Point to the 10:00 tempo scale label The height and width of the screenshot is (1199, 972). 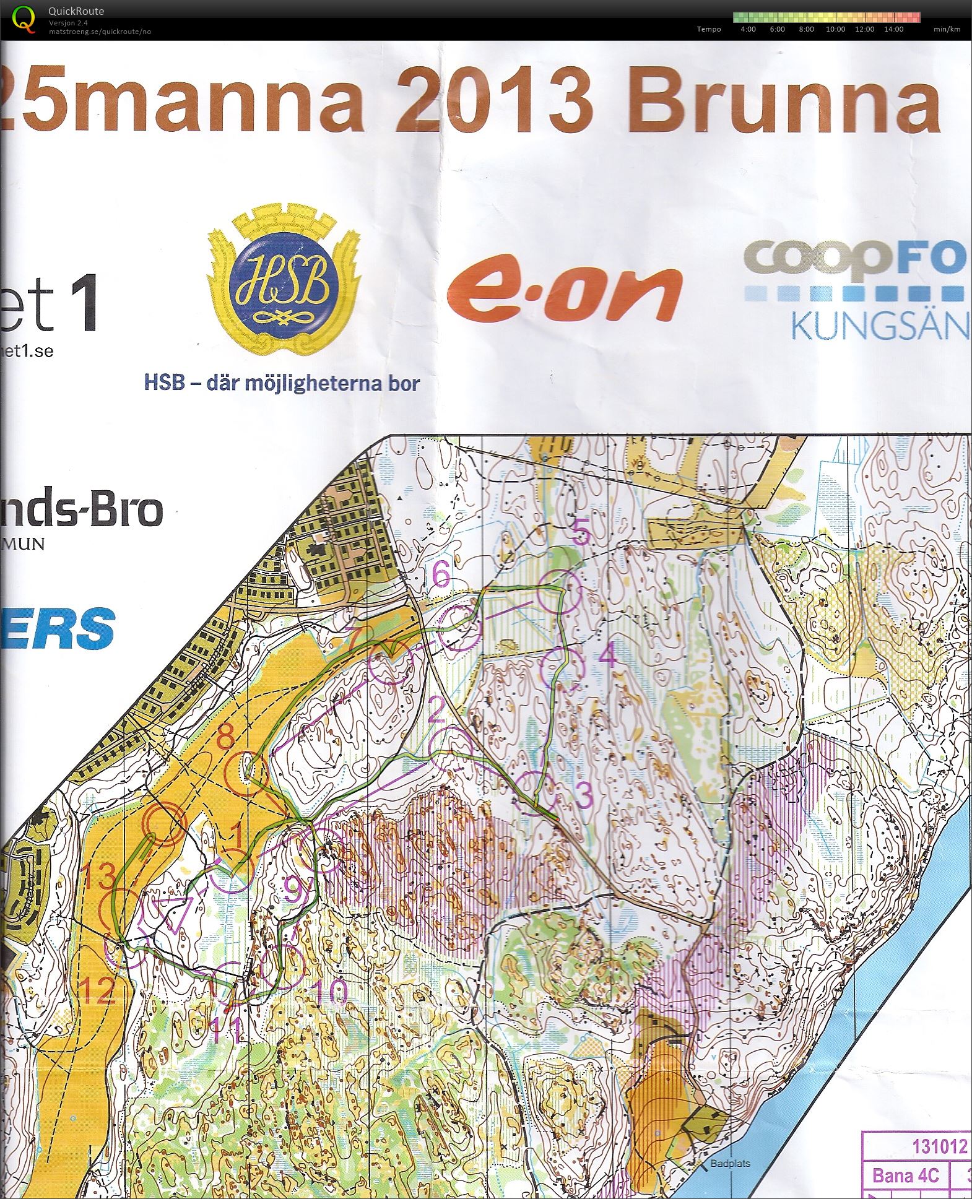[x=835, y=29]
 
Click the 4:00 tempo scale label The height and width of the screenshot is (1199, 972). [x=748, y=29]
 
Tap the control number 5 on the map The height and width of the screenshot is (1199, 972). [x=580, y=532]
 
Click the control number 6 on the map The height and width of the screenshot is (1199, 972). [x=441, y=576]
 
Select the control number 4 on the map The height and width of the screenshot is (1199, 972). [x=609, y=655]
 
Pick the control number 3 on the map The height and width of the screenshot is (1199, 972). [x=583, y=796]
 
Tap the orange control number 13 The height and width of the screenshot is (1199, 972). [x=100, y=877]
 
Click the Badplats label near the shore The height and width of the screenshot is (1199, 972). [x=730, y=1162]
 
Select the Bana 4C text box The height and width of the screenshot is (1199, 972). [x=905, y=1175]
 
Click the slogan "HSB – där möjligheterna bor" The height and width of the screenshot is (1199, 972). [x=282, y=383]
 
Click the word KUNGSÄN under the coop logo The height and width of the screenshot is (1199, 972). [x=879, y=326]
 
